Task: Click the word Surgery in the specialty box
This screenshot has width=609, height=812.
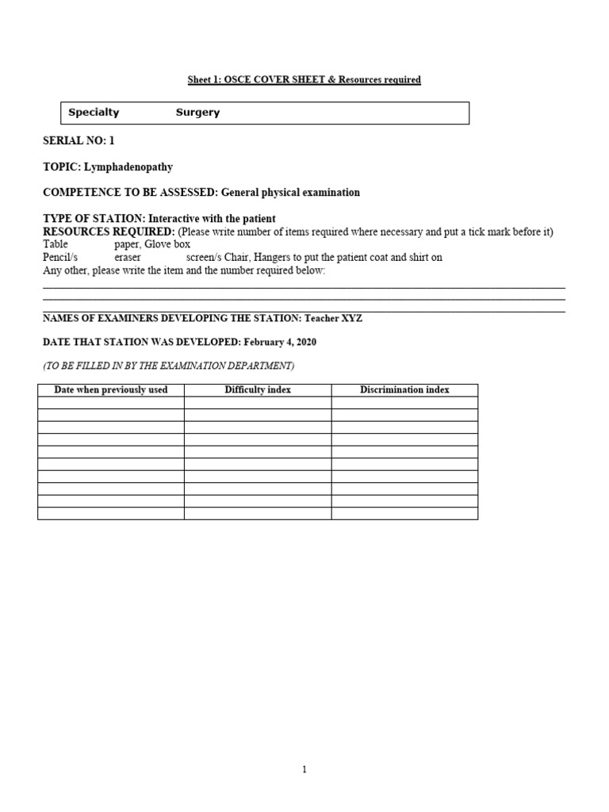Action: click(197, 113)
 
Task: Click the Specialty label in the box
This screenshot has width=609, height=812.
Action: click(94, 113)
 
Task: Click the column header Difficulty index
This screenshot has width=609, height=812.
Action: click(258, 390)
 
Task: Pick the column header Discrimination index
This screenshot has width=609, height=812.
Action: click(404, 390)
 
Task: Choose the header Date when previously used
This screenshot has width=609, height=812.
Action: click(111, 390)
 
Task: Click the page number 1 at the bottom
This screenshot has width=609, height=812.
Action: click(304, 769)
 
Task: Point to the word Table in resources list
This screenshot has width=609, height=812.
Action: click(56, 244)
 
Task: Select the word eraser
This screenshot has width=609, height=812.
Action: click(128, 258)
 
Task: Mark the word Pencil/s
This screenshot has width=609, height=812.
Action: click(60, 258)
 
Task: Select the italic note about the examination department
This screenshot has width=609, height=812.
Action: click(168, 366)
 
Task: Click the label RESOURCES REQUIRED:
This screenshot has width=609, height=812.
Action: click(108, 232)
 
